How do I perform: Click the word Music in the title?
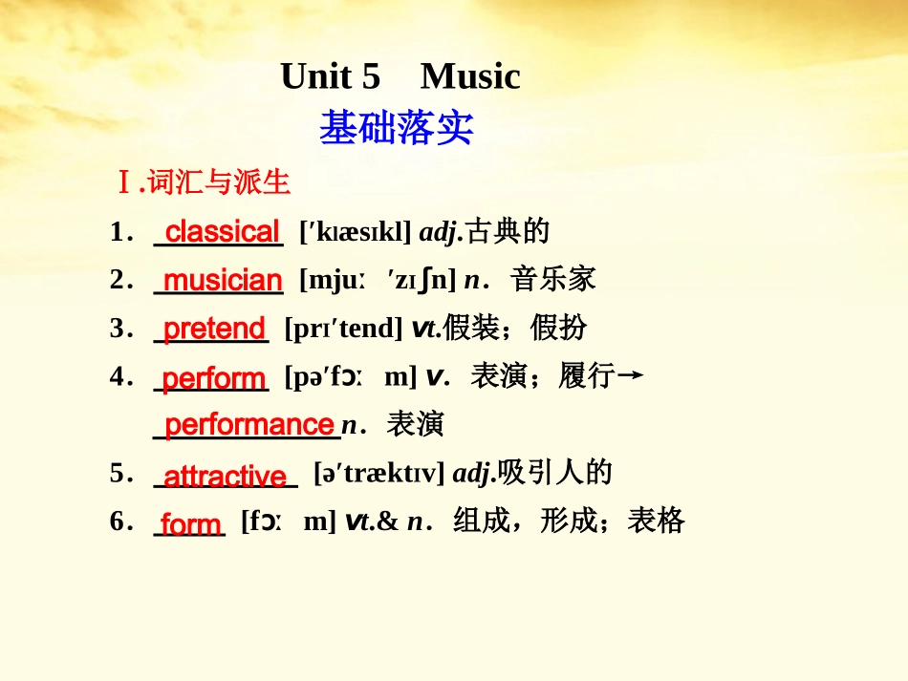[470, 76]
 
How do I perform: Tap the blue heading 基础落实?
[396, 127]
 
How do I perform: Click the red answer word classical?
[223, 231]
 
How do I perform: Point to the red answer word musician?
[223, 280]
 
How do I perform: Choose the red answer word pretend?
[214, 329]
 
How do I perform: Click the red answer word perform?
[214, 378]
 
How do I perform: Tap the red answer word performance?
[249, 424]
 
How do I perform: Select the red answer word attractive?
[226, 475]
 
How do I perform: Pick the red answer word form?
[191, 523]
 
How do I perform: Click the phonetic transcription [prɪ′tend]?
[343, 329]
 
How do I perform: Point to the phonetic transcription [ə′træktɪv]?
[378, 473]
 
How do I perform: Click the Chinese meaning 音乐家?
[553, 280]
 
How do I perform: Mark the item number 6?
[118, 521]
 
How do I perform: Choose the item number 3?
[118, 329]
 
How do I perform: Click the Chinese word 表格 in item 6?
[657, 521]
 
